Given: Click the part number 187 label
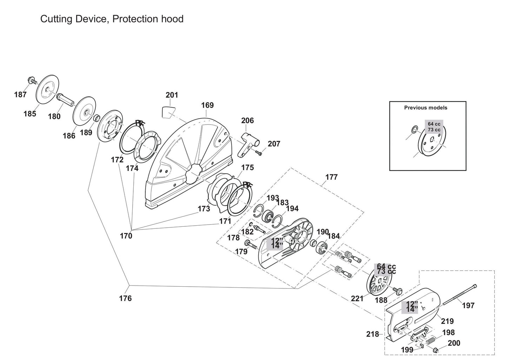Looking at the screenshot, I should pos(20,94).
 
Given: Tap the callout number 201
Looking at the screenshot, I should pos(172,95).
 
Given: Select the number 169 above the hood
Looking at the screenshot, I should pos(207,105).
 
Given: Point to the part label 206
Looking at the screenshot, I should pos(247,121).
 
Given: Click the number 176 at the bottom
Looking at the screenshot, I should pos(125,298).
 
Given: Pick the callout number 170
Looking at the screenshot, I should pos(126,236).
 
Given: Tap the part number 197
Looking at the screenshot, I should pos(468,306).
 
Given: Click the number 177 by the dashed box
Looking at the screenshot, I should pos(331,177).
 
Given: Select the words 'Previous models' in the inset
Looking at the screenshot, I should pos(426,108).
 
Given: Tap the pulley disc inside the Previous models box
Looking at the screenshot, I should pos(432,142).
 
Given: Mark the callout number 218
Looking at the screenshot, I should pos(373,334).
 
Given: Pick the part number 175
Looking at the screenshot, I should pos(247,168).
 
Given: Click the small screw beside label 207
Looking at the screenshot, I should pos(259,153).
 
